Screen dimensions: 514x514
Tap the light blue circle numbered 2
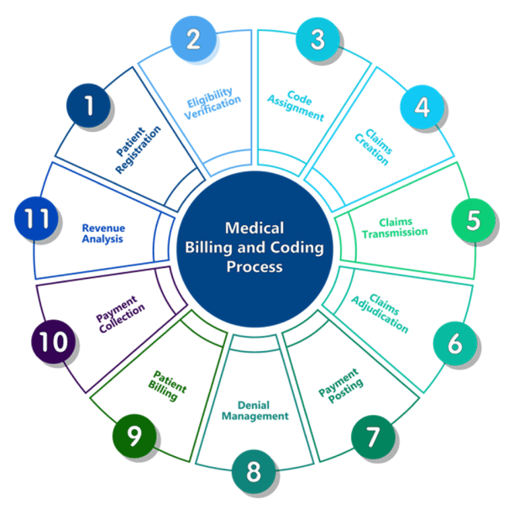(194, 39)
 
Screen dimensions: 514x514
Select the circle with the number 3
(317, 39)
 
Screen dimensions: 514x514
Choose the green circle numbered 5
(473, 220)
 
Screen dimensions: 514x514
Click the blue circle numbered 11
(36, 219)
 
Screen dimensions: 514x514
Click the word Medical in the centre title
(254, 228)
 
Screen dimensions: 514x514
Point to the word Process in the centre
(254, 268)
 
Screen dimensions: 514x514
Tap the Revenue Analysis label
(102, 233)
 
